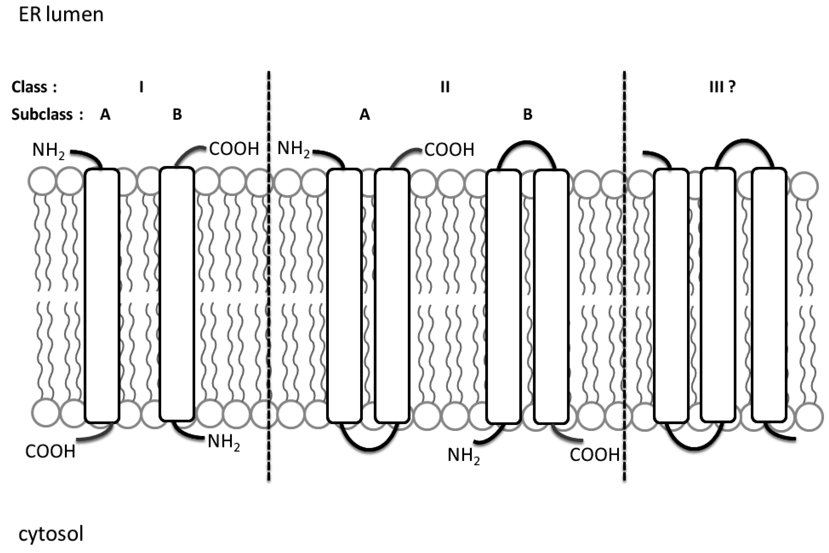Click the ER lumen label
[x=61, y=15]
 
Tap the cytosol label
[x=51, y=534]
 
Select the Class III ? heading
[x=722, y=86]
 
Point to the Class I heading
[x=141, y=87]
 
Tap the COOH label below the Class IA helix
[x=51, y=451]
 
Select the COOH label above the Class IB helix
[x=234, y=149]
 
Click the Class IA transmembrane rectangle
[x=102, y=296]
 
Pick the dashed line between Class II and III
[x=624, y=275]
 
